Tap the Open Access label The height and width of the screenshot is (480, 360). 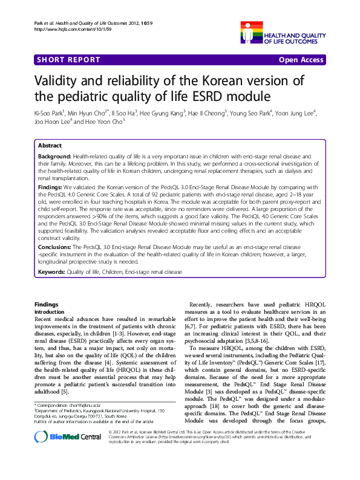pyautogui.click(x=302, y=60)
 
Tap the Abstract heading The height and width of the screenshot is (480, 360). pyautogui.click(x=50, y=146)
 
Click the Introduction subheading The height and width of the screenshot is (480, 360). pyautogui.click(x=50, y=311)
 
